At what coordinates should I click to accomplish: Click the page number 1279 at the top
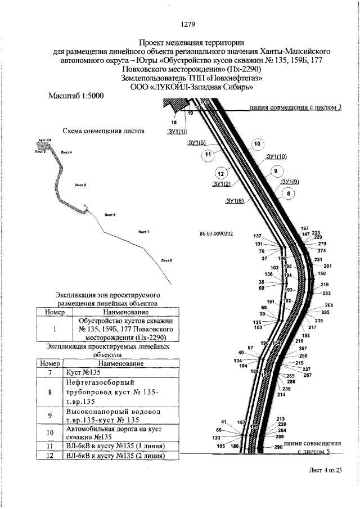[187, 24]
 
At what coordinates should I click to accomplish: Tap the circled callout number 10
[257, 145]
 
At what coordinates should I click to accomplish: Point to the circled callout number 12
[220, 173]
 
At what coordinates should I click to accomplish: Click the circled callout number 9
[275, 171]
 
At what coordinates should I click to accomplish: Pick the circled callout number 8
[289, 194]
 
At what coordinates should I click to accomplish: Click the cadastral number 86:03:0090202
[216, 233]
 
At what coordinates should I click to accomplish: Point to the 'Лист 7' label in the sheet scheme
[143, 232]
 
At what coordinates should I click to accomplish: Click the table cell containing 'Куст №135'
[119, 373]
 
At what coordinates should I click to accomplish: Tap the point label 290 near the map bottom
[278, 447]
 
